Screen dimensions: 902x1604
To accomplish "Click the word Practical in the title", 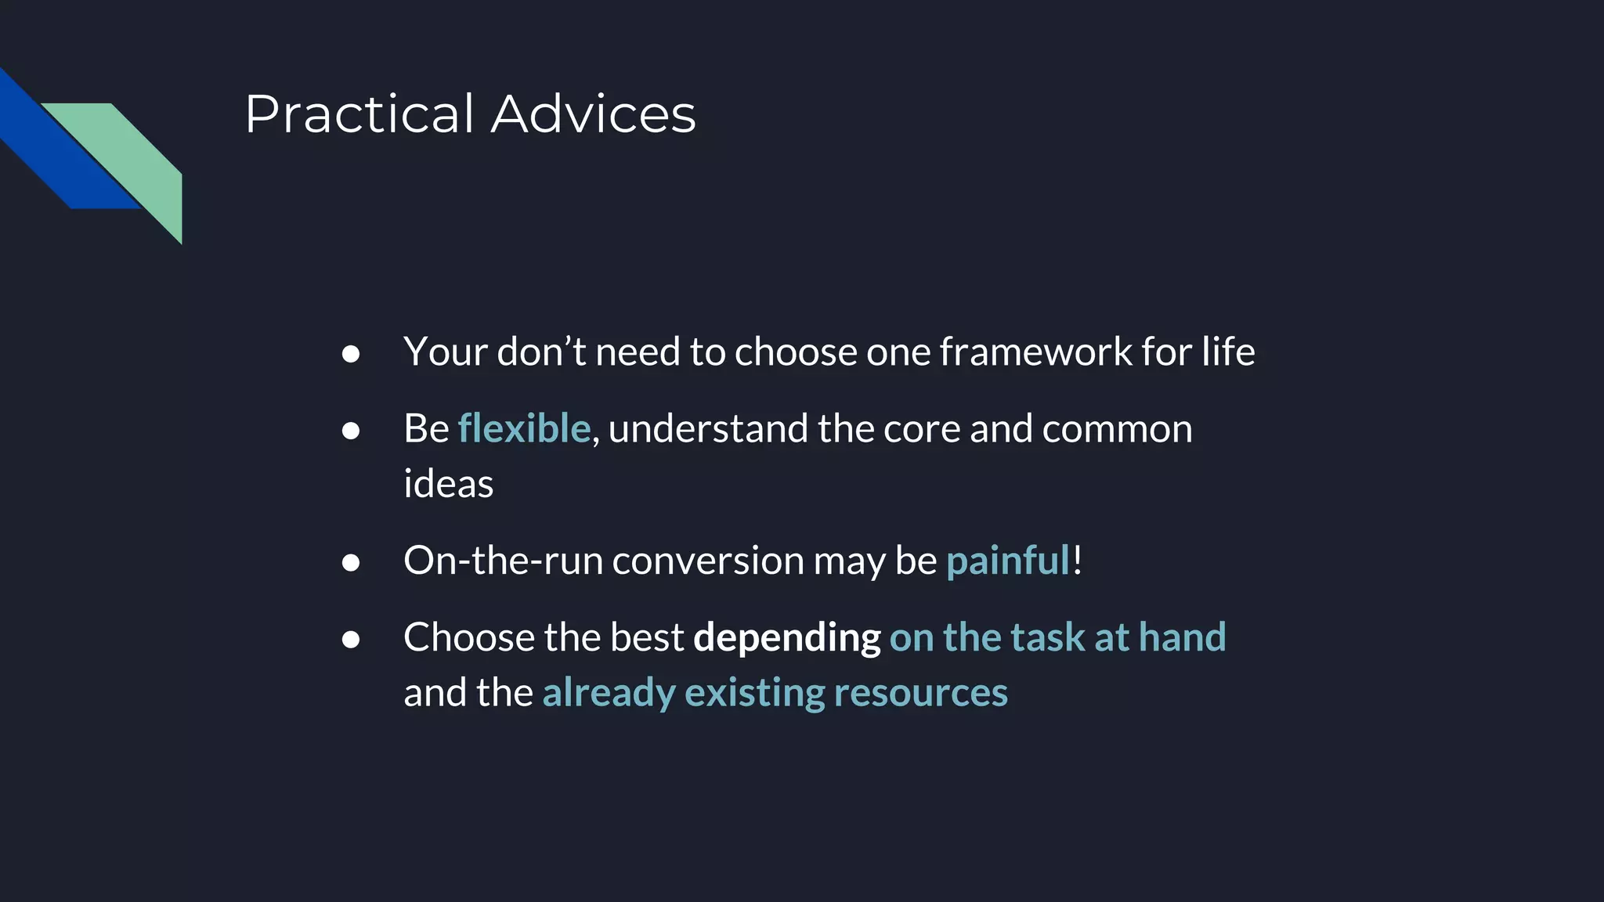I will (359, 114).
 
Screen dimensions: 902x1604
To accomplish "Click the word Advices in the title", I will (593, 114).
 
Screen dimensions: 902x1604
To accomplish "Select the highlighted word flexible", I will (523, 429).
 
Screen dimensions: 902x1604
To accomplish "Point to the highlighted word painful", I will (1007, 561).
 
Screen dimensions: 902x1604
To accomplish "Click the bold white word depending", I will (786, 637).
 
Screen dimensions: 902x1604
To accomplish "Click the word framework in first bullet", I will (1035, 352).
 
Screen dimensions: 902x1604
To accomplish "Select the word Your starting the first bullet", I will (446, 352).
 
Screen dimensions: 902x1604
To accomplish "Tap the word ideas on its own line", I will (448, 484).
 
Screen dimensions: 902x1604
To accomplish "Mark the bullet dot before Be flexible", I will (351, 431).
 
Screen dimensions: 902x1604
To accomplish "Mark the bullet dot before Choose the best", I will (351, 640).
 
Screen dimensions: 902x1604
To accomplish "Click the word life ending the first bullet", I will (1229, 352).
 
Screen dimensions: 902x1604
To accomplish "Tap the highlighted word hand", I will (1182, 637).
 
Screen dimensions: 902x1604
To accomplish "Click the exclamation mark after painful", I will (1078, 561).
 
